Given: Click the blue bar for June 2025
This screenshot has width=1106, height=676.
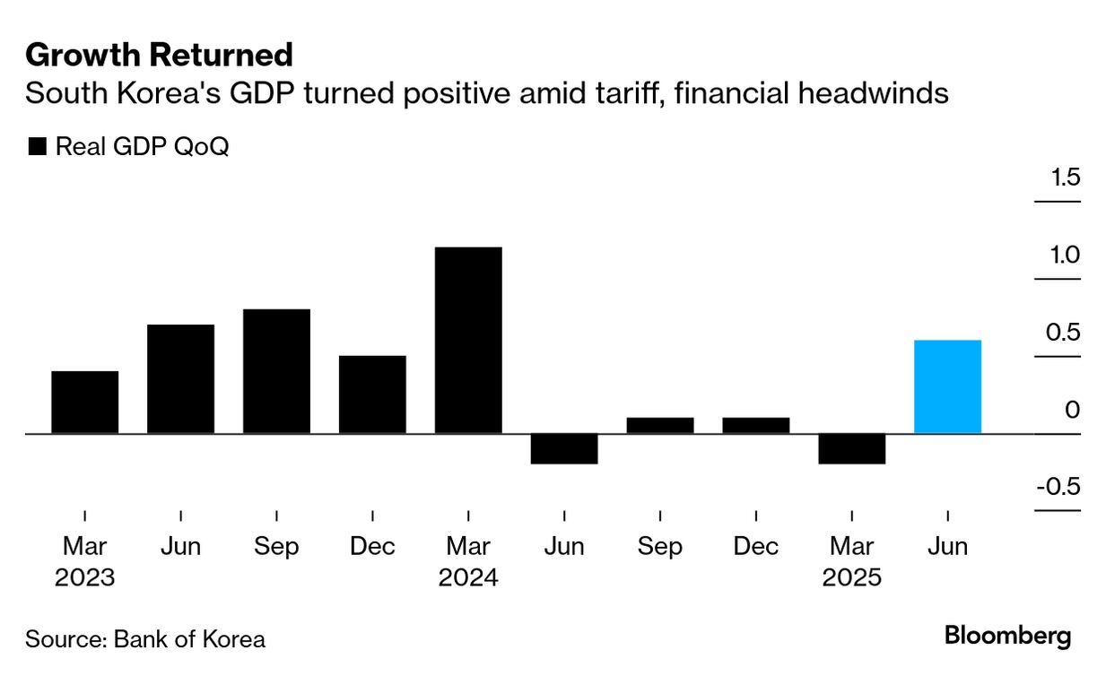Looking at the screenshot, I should [947, 386].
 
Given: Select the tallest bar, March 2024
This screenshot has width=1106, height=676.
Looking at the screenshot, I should [468, 340].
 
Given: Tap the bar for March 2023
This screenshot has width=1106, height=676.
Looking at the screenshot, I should [85, 402].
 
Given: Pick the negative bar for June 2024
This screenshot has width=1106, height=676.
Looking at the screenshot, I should [564, 448].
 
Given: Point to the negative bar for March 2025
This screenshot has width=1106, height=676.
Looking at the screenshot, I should [851, 448].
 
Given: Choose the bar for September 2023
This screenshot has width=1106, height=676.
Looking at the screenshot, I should [276, 371].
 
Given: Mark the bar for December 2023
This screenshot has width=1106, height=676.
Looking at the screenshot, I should [372, 394].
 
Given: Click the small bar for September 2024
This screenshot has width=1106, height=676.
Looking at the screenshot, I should [660, 425].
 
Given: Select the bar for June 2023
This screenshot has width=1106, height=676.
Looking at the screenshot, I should [181, 378].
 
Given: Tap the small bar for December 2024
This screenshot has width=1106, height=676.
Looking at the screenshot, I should [756, 425].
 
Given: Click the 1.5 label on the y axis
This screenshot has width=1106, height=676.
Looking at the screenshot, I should [1066, 178].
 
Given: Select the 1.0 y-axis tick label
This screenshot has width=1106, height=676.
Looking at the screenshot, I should [1066, 256].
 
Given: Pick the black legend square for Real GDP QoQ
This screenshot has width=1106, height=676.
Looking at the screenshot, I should [37, 147].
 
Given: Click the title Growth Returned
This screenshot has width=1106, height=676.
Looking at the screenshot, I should [159, 56].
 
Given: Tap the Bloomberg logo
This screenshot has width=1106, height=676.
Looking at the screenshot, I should [1007, 637].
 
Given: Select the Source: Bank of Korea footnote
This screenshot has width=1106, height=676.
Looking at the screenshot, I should [145, 639].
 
